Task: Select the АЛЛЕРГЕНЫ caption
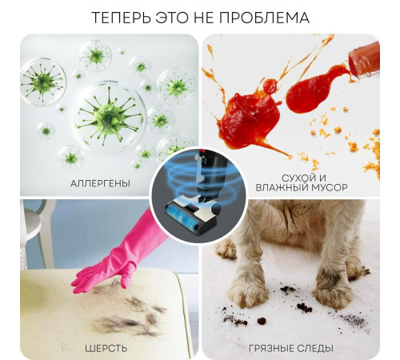[100, 183]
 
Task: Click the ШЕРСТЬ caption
[106, 348]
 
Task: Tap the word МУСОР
[327, 187]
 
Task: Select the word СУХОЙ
[296, 178]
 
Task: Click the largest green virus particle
[109, 117]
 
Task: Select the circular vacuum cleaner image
[198, 195]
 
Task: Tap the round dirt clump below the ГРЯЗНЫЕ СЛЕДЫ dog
[262, 321]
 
